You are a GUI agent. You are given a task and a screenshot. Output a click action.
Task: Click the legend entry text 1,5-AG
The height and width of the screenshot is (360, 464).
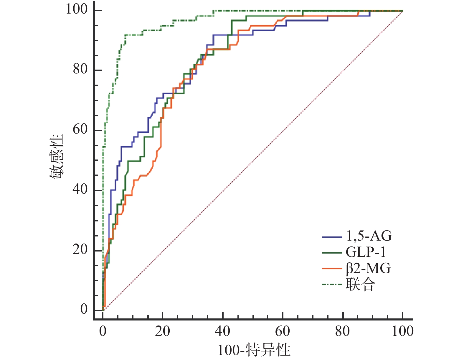(369, 236)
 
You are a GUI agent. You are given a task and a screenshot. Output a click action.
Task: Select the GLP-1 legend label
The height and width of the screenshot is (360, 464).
(366, 252)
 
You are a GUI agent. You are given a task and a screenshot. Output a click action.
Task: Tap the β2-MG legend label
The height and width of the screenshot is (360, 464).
(368, 268)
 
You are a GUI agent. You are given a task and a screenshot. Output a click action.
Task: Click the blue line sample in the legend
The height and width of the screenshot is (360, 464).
(332, 236)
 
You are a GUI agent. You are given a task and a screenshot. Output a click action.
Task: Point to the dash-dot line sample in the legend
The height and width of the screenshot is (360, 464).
(332, 285)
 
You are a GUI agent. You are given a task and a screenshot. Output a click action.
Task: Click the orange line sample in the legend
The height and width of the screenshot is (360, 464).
(332, 268)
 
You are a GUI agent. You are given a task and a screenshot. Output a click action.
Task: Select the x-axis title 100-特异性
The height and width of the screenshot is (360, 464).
(254, 350)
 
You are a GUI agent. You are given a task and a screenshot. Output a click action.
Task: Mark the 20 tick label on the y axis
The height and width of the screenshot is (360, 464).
(80, 249)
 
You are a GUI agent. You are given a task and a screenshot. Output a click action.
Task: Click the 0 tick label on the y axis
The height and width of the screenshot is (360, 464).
(84, 309)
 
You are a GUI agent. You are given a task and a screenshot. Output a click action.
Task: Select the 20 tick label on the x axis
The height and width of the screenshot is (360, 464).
(162, 331)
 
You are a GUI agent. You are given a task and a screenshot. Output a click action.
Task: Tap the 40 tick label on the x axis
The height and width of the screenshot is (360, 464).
(222, 331)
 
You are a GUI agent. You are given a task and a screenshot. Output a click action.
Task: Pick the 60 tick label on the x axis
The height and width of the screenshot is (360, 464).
(283, 331)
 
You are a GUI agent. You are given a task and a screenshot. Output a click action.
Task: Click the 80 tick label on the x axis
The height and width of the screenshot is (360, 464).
(342, 331)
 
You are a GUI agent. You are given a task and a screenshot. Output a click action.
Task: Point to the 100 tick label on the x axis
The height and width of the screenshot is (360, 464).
(402, 331)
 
